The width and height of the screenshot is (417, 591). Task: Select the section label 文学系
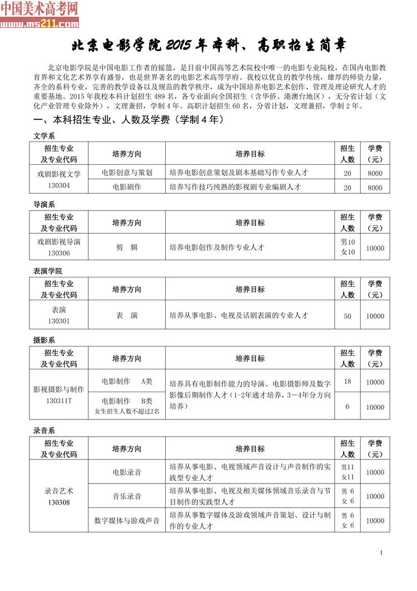[44, 135]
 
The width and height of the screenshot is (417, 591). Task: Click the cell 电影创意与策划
[127, 173]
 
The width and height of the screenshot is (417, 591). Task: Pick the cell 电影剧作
[127, 187]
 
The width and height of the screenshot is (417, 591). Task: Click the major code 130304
[59, 186]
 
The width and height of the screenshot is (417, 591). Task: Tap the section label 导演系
[44, 204]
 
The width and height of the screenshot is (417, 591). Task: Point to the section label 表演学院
[48, 271]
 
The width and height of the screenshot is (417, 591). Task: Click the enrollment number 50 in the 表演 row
[348, 316]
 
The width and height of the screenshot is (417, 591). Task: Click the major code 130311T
[59, 400]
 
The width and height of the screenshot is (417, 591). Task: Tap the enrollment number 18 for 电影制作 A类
[348, 382]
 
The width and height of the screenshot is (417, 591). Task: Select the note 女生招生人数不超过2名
[127, 412]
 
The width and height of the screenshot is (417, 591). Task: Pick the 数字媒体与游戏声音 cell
[127, 521]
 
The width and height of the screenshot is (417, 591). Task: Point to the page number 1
[381, 553]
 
